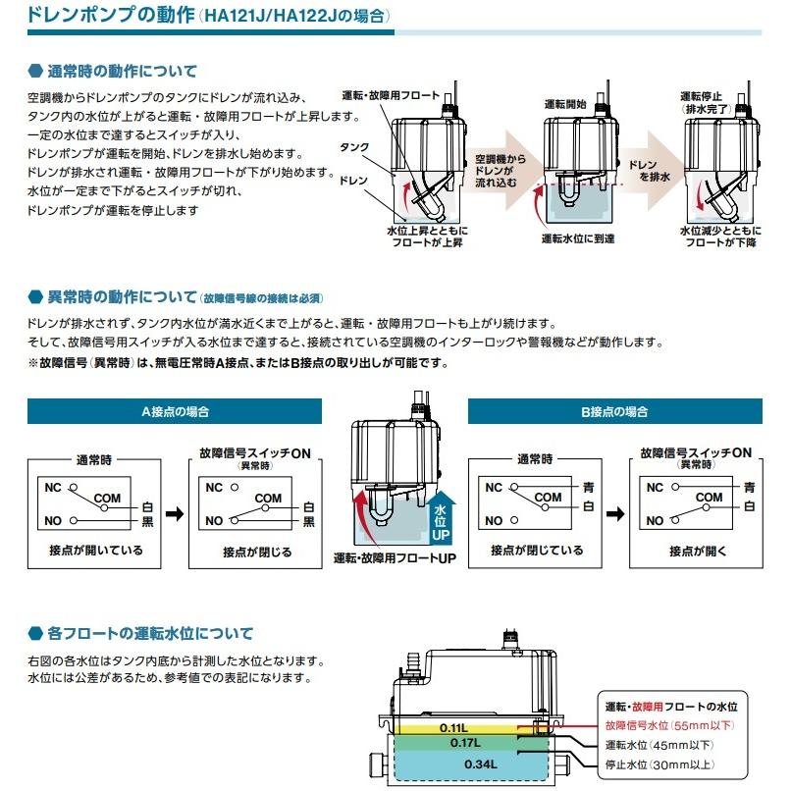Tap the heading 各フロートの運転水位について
[x=150, y=633]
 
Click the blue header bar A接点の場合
[x=175, y=411]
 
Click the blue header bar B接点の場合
[x=614, y=411]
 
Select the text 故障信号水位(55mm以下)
[x=669, y=725]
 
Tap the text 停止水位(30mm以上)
[x=661, y=765]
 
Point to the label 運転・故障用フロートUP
[x=395, y=557]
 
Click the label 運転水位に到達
[x=579, y=238]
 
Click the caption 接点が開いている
[x=95, y=551]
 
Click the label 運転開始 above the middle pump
[x=565, y=103]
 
